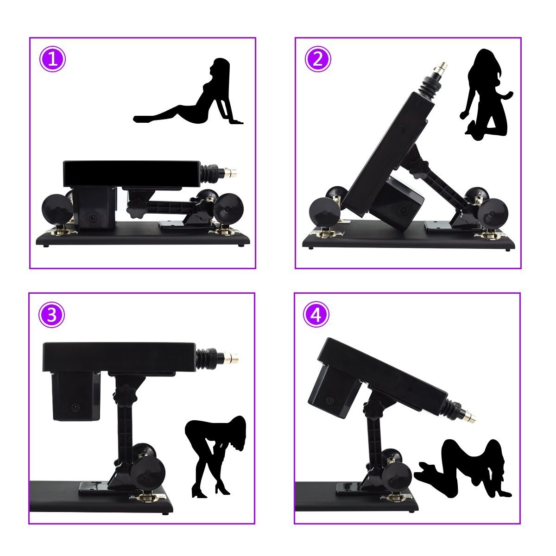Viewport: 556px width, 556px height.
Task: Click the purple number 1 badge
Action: click(52, 59)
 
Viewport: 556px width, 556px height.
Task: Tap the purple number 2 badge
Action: click(318, 59)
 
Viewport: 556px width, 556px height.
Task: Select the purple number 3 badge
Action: click(51, 315)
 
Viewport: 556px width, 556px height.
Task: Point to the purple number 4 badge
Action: click(316, 315)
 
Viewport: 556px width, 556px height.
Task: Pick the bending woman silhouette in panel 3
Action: click(215, 456)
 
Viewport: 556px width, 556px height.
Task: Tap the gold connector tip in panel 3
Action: click(233, 358)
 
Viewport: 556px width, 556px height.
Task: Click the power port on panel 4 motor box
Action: click(329, 400)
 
